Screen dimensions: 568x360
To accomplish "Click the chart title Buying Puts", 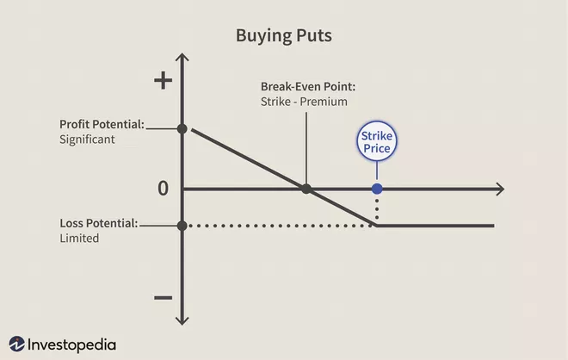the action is point(284,36).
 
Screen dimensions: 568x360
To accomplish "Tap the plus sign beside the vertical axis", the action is point(163,80).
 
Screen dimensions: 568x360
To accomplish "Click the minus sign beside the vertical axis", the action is point(163,298).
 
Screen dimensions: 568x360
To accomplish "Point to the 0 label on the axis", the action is point(163,189).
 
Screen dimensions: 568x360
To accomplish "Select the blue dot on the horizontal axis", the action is point(377,189).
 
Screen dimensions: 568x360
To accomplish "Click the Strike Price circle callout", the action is point(377,141).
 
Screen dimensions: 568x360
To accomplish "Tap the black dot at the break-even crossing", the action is point(306,189).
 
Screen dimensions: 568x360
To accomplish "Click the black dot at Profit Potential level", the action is point(182,128).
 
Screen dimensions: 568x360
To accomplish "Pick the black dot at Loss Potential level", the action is point(182,226).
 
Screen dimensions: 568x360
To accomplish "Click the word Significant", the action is point(87,140).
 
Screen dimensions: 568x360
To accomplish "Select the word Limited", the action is point(79,239).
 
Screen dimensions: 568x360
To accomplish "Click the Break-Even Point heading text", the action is point(308,87).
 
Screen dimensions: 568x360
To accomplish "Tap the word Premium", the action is point(324,102).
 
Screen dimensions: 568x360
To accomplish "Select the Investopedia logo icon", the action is point(16,344).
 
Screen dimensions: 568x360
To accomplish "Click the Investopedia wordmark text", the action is point(71,344).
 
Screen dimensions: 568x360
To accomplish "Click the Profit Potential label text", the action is point(102,124).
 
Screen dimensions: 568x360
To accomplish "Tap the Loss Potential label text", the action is point(99,223).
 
